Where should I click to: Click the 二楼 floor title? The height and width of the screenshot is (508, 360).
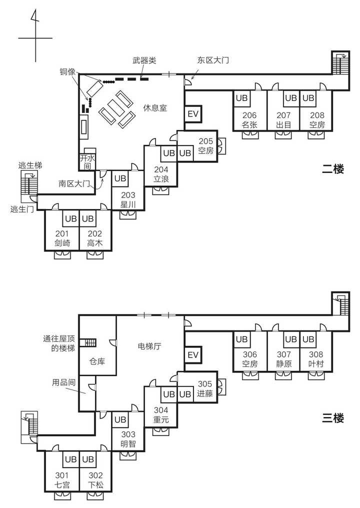click(x=333, y=169)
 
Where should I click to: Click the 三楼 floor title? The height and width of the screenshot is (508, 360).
click(x=333, y=417)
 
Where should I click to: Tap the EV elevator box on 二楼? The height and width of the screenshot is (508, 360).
click(x=193, y=114)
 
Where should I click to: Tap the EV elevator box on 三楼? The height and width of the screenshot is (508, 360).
click(x=193, y=355)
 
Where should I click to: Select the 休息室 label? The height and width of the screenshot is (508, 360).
click(x=155, y=107)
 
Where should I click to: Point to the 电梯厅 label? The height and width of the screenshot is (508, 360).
click(x=149, y=346)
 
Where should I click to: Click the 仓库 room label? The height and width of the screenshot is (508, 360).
click(x=97, y=361)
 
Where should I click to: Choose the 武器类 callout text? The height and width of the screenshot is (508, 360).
click(x=144, y=60)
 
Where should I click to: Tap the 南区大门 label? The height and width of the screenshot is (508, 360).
click(x=73, y=183)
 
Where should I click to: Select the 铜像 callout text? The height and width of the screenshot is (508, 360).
click(x=68, y=71)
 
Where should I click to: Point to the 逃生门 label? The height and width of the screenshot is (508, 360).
click(x=21, y=209)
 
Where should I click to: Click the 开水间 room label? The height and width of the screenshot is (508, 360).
click(x=87, y=161)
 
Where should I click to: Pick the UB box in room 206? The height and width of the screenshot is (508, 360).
click(x=242, y=98)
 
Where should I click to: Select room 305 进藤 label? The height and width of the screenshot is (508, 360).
click(x=205, y=388)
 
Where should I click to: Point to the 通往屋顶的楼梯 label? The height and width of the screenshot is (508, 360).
click(x=59, y=343)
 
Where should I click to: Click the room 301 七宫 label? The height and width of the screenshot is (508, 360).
click(x=62, y=479)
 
